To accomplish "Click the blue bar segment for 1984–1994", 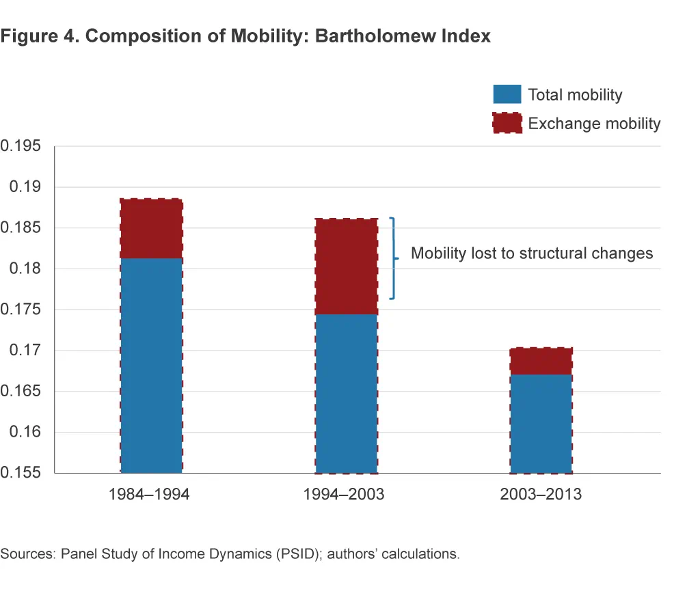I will (151, 365).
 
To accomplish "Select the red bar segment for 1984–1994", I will (151, 228).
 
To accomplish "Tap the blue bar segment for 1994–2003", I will (347, 393).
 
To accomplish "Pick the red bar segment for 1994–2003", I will (347, 266).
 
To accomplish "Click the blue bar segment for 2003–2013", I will (541, 423).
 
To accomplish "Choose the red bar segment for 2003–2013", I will (541, 361).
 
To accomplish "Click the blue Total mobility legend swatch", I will (507, 95).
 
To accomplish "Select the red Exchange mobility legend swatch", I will (507, 123).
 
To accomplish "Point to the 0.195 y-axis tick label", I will (21, 146).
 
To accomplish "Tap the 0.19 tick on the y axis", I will (25, 187).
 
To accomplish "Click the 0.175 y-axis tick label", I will (21, 310).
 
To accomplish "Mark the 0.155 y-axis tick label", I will (21, 473).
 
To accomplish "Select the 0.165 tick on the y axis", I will (21, 392).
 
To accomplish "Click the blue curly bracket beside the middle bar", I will (393, 258).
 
